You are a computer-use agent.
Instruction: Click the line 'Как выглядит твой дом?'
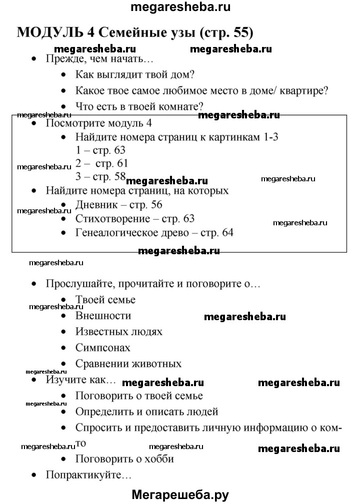[134, 75]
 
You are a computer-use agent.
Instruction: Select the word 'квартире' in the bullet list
[299, 91]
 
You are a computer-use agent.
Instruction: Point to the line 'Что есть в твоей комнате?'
[139, 106]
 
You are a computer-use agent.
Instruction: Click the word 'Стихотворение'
[113, 219]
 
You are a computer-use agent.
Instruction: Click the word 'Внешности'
[103, 316]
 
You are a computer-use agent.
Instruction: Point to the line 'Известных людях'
[118, 332]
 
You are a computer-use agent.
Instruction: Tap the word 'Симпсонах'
[102, 348]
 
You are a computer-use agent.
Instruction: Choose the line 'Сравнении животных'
[128, 364]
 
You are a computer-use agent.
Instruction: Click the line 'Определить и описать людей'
[146, 412]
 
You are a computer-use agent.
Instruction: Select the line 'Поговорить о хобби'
[124, 459]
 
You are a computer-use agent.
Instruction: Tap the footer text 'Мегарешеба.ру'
[180, 495]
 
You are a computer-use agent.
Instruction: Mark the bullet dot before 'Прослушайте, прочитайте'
[33, 284]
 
